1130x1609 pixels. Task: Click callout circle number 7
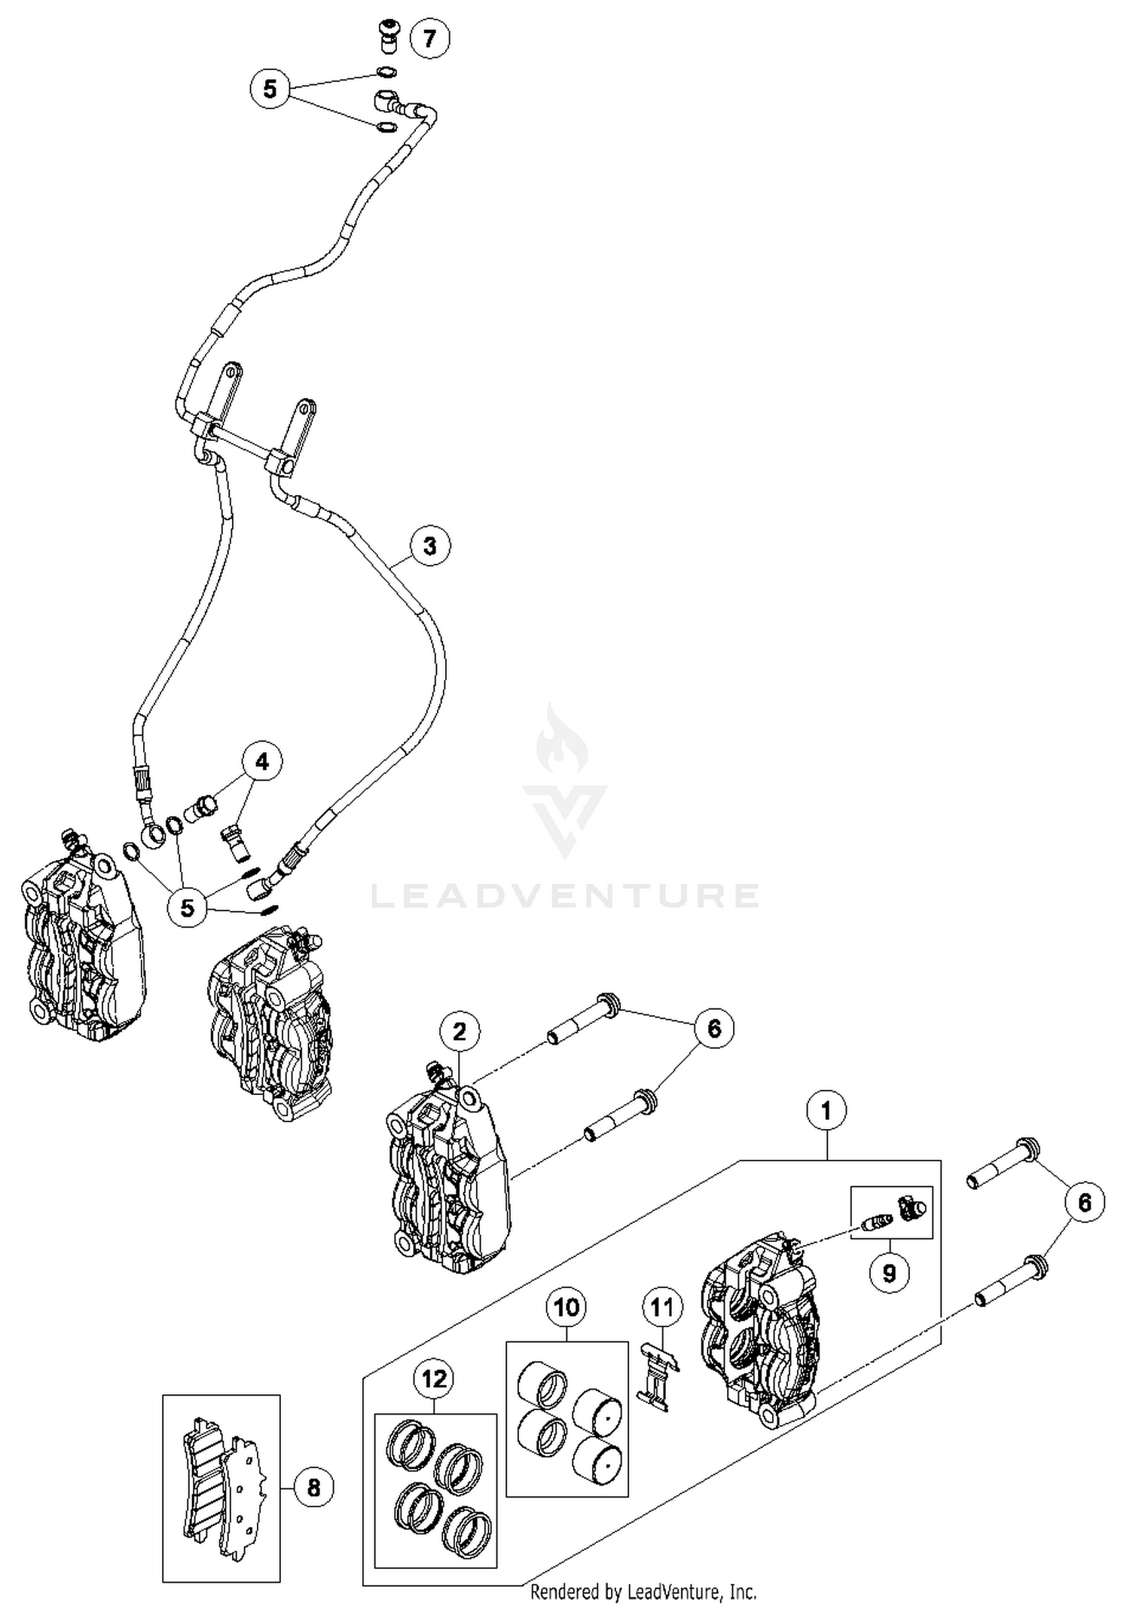coord(429,38)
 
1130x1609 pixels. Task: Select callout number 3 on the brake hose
coord(429,546)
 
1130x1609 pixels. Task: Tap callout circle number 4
coord(261,762)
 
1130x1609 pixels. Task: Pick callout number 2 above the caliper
coord(460,1032)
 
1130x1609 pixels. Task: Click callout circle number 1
coord(826,1111)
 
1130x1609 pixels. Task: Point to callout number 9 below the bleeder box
coord(889,1273)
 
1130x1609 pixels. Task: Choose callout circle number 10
coord(567,1307)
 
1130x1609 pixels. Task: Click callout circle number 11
coord(661,1307)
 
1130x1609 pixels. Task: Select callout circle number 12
coord(434,1379)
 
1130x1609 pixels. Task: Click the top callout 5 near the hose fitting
coord(270,89)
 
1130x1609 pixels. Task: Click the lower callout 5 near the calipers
coord(187,907)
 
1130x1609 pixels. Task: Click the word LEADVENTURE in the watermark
coord(565,895)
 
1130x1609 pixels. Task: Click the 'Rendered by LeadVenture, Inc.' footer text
coord(643,1592)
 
